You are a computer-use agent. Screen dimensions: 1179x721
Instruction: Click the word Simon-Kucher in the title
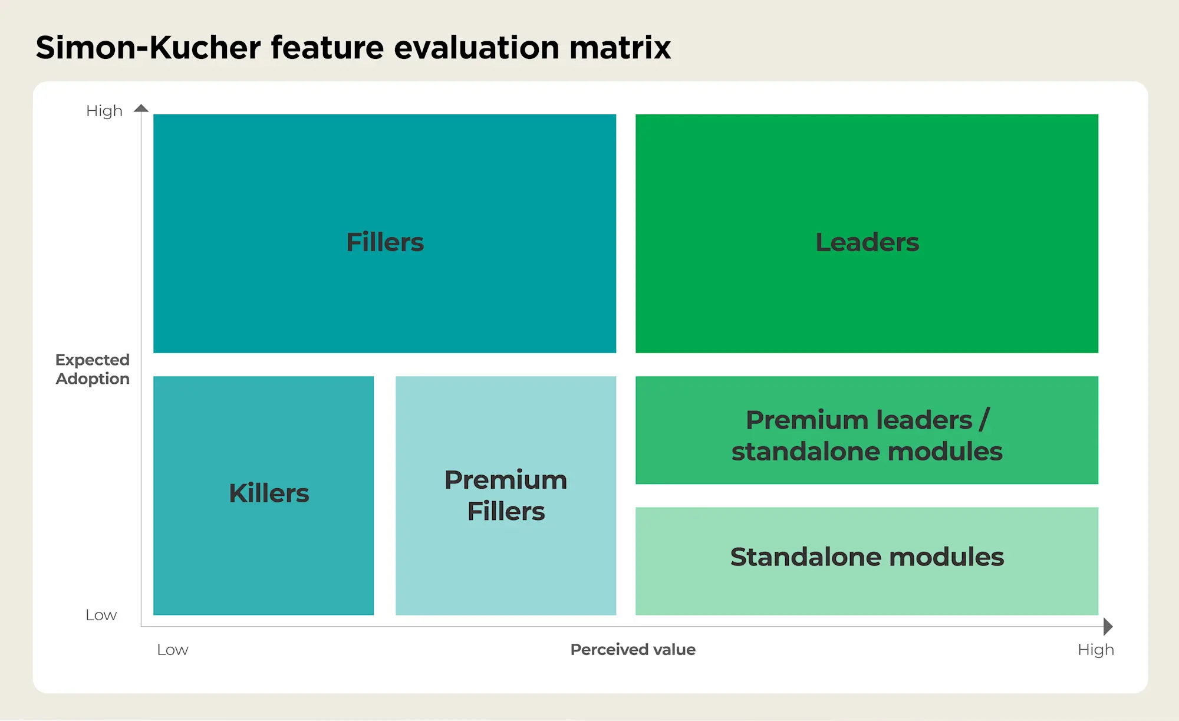click(148, 47)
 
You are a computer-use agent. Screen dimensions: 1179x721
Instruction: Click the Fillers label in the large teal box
click(385, 242)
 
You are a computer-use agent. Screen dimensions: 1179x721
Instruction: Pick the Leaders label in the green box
click(867, 242)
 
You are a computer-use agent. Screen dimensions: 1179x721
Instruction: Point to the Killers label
click(269, 493)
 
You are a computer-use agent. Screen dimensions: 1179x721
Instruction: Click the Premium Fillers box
click(506, 496)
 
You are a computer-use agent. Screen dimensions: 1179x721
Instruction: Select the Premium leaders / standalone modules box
click(867, 430)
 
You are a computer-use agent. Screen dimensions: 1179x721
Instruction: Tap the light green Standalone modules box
click(867, 561)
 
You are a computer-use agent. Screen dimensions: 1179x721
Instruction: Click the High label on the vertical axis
click(104, 111)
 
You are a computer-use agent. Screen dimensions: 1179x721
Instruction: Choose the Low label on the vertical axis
click(101, 615)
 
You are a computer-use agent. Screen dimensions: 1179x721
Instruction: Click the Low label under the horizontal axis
click(173, 650)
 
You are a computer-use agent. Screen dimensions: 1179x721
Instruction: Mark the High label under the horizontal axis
click(1096, 650)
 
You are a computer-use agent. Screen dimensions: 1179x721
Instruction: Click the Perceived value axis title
click(633, 650)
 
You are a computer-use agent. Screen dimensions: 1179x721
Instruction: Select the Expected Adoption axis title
click(93, 369)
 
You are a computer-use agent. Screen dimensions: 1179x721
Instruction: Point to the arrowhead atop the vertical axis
click(141, 108)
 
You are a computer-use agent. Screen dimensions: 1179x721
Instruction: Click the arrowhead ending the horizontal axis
click(1108, 626)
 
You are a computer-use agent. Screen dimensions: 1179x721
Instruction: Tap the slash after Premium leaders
click(984, 420)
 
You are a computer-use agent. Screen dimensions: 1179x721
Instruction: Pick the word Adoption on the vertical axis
click(93, 379)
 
